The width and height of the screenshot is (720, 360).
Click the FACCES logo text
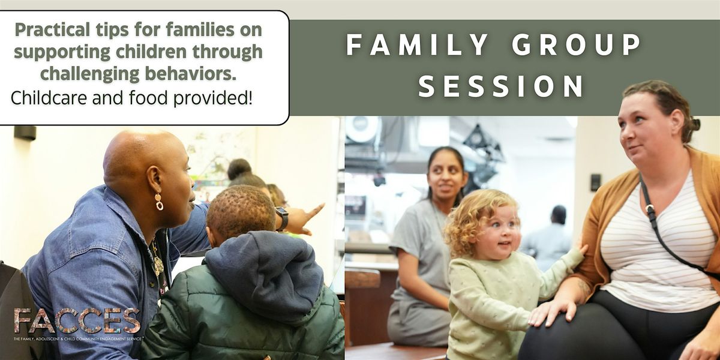77,321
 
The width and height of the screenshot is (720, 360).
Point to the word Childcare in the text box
49,98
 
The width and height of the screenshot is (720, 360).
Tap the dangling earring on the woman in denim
159,202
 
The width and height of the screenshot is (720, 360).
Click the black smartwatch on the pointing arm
282,218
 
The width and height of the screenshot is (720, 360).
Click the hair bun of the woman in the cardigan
695,125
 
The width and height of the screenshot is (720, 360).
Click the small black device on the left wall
25,133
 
